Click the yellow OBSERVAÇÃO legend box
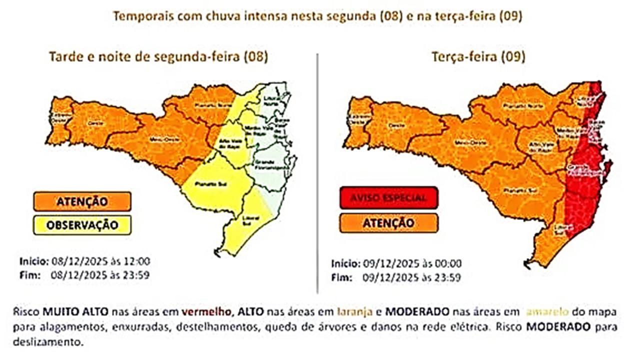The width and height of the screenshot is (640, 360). (x=82, y=225)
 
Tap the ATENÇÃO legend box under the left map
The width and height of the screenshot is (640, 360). (x=82, y=201)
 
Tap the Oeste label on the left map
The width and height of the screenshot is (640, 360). (x=92, y=122)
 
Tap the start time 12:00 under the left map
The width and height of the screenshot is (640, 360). (x=139, y=261)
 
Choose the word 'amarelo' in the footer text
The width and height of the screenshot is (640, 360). (x=548, y=312)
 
